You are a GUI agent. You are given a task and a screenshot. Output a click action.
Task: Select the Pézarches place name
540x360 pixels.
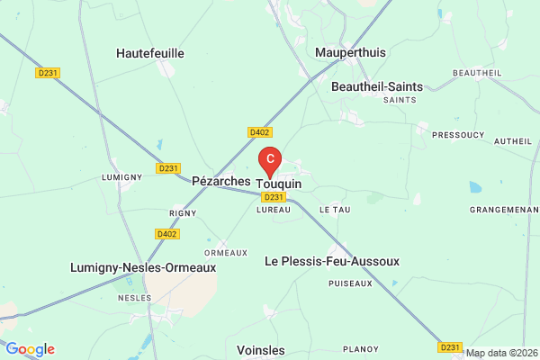click(221, 181)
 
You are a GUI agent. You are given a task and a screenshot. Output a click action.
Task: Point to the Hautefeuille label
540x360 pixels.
click(150, 53)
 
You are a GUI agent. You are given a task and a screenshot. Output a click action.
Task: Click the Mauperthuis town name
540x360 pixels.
click(350, 52)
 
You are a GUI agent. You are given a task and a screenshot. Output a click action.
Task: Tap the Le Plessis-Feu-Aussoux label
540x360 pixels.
click(331, 261)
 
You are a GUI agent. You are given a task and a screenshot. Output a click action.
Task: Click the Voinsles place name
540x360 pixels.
click(261, 349)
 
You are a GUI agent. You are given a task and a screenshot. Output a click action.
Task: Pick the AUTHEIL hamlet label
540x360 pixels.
click(513, 141)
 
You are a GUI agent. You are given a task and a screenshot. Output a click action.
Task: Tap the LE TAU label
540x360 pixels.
click(335, 210)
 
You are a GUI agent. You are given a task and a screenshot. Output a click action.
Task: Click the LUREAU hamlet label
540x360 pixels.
click(273, 210)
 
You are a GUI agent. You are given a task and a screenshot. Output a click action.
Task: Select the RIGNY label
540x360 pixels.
click(183, 213)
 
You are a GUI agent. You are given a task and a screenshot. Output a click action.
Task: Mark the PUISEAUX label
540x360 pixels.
click(351, 283)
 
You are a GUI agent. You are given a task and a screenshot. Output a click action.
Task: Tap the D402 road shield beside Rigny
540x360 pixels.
click(166, 234)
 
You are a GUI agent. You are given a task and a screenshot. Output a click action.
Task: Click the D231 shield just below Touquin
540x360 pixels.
click(274, 197)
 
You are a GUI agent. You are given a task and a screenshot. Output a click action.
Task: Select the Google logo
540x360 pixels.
click(30, 349)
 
